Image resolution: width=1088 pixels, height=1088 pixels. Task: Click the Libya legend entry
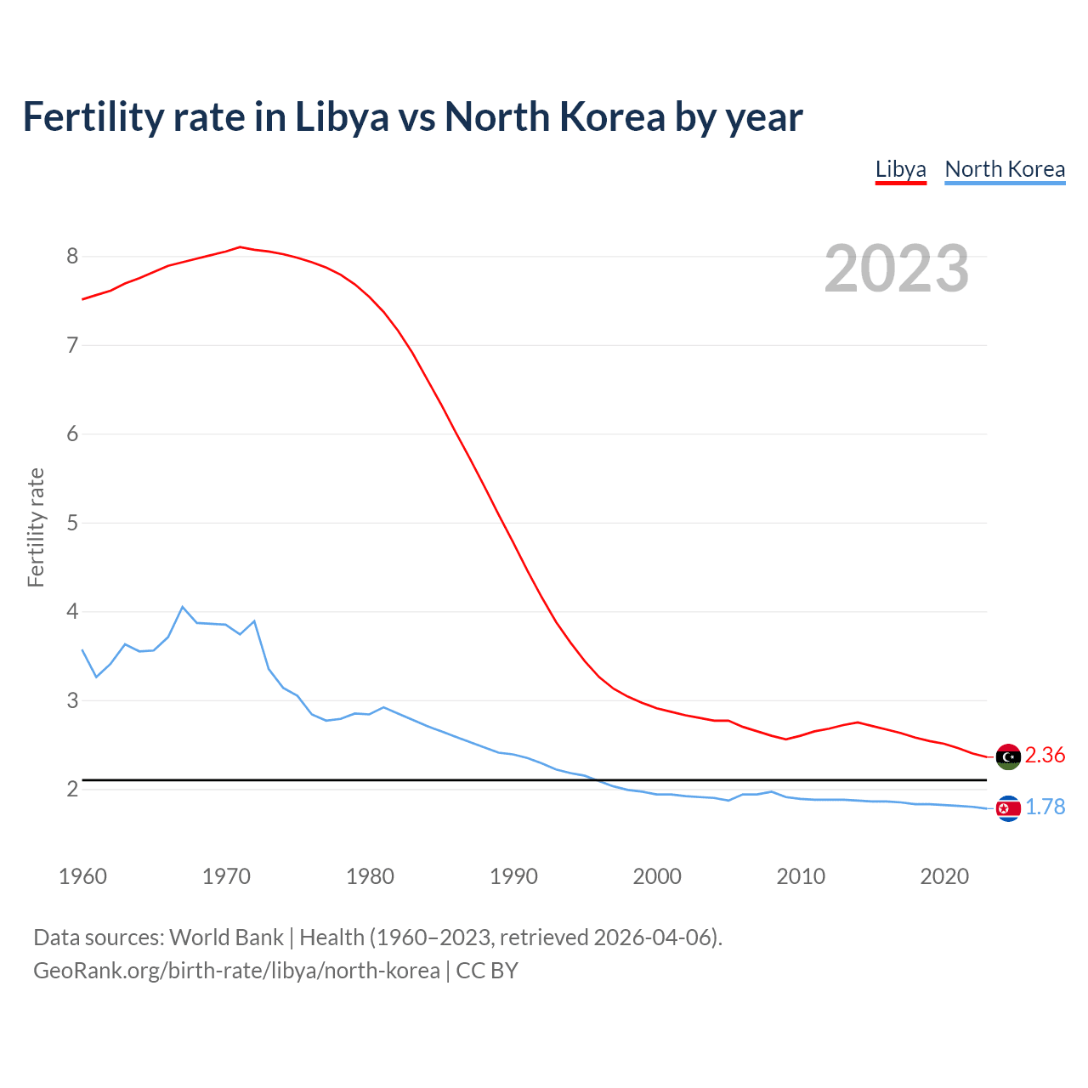pos(900,169)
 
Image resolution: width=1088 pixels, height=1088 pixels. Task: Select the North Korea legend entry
pos(1005,169)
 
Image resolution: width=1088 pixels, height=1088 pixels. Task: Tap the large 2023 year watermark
pos(896,269)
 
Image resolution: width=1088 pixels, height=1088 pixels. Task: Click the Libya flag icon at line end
pos(1007,756)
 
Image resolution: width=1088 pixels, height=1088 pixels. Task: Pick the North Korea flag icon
pos(1007,807)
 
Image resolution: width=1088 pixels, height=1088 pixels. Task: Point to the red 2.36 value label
pos(1045,755)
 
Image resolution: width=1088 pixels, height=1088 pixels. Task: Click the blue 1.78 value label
pos(1045,807)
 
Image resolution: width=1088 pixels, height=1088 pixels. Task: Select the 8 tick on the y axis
pos(72,256)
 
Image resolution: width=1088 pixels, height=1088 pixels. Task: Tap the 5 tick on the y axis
pos(72,523)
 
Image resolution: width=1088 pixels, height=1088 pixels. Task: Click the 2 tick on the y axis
pos(72,790)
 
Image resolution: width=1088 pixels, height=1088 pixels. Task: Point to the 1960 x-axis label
pos(82,876)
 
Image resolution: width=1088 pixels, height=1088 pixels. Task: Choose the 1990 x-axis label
pos(513,876)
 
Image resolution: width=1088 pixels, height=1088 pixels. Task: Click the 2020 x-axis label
pos(944,876)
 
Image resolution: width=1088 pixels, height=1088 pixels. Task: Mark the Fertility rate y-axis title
pos(36,527)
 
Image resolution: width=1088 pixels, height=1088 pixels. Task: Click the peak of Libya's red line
pos(240,247)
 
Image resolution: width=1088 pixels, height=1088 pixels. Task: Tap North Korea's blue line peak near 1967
pos(183,607)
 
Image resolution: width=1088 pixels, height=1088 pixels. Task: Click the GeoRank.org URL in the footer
pos(236,971)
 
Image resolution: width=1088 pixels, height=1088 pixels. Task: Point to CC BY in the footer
pos(487,971)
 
